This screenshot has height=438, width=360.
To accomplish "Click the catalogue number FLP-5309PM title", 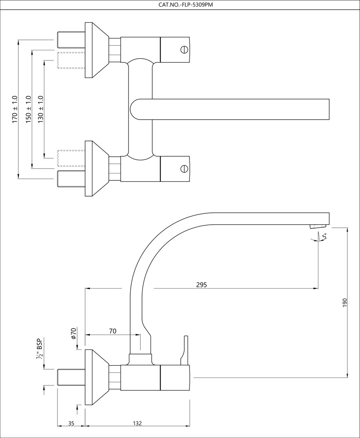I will [180, 5].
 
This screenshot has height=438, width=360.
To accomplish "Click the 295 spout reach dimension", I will [201, 284].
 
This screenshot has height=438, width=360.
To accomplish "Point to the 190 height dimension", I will [345, 302].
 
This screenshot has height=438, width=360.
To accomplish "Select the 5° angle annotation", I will [324, 237].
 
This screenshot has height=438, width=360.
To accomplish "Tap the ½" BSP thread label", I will [39, 350].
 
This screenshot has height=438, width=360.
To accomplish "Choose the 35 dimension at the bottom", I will [71, 423].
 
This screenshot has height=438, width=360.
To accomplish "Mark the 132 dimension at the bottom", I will [137, 423].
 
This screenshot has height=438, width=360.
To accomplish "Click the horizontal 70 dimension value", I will [112, 331].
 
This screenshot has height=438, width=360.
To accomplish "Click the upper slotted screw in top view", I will [184, 49].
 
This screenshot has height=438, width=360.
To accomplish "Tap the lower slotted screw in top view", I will [184, 168].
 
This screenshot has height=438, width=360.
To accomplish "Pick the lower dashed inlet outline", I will [71, 158].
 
